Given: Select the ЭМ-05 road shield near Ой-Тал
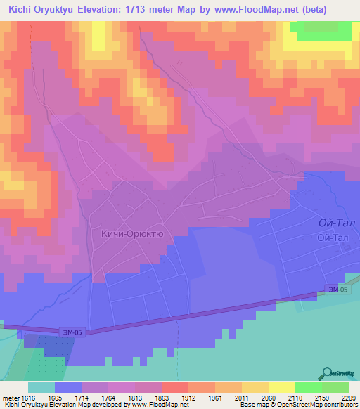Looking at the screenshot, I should pyautogui.click(x=337, y=290).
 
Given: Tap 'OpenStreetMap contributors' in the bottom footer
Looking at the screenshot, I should pyautogui.click(x=323, y=405).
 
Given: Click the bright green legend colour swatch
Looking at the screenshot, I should pyautogui.click(x=308, y=387).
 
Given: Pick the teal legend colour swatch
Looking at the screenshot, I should pyautogui.click(x=41, y=387).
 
